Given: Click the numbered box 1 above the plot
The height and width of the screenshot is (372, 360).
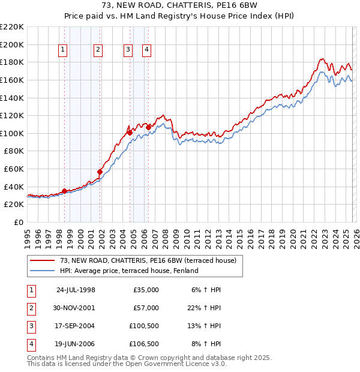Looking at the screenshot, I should [64, 50].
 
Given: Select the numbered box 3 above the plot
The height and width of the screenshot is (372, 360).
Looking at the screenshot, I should [128, 50].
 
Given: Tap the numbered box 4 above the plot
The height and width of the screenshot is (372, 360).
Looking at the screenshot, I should [146, 50].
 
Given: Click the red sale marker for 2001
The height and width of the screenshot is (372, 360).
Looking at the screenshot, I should [100, 172].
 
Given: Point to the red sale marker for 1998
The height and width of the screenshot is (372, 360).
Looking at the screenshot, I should [64, 191].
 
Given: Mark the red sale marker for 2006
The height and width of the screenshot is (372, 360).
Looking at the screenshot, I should [148, 127].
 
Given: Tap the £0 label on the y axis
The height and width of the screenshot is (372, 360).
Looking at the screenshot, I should [19, 222].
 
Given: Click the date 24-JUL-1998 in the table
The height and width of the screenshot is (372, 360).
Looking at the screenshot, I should [76, 290].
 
